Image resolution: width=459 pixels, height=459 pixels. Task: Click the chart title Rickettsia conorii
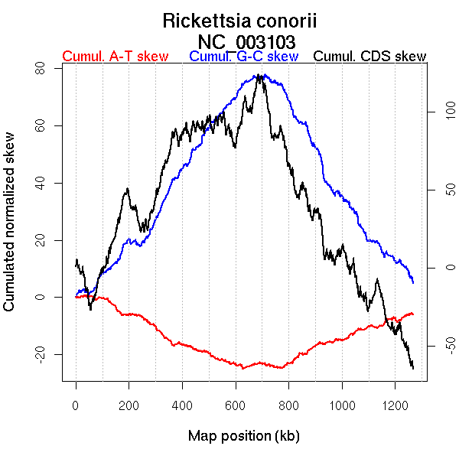pos(239,21)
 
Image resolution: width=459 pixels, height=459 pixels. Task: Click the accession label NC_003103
pos(246,41)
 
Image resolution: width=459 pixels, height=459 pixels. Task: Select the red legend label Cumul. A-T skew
pos(115,57)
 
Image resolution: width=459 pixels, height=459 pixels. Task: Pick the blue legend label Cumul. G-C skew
pos(243,57)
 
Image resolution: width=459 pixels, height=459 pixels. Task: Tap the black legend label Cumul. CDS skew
pos(370,57)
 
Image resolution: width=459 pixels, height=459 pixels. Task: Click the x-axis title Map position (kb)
pos(243,436)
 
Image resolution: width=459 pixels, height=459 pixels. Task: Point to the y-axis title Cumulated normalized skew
pos(10,231)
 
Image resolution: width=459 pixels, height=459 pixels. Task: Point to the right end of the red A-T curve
pos(413,314)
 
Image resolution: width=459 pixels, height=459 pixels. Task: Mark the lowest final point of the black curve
pos(413,369)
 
